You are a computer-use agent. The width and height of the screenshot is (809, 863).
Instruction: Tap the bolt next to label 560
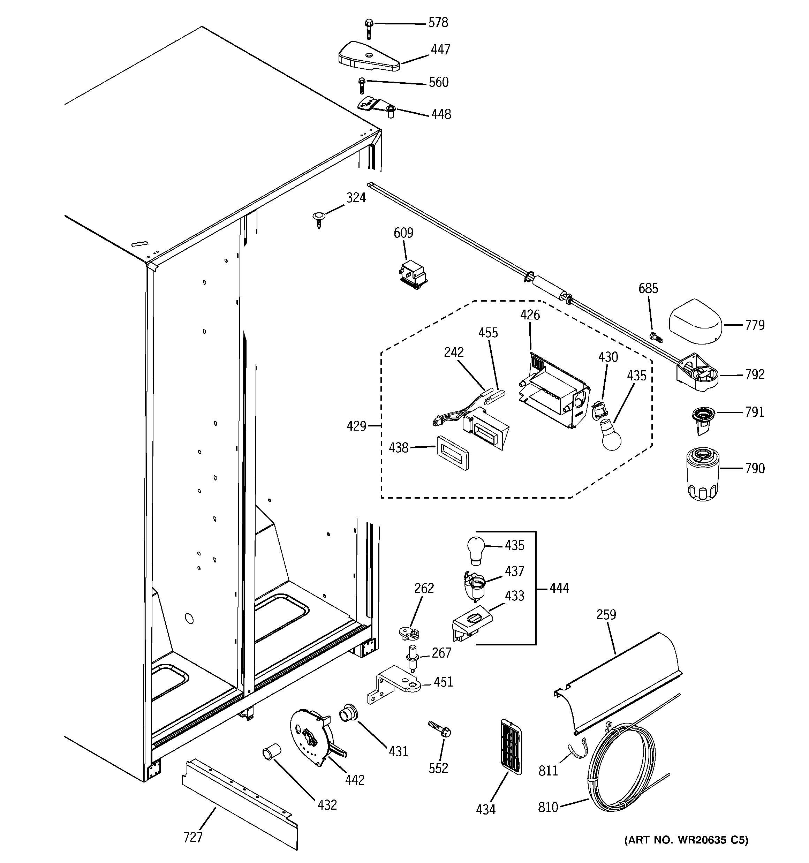coord(361,86)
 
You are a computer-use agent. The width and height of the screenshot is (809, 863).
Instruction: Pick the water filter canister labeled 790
coord(703,475)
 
